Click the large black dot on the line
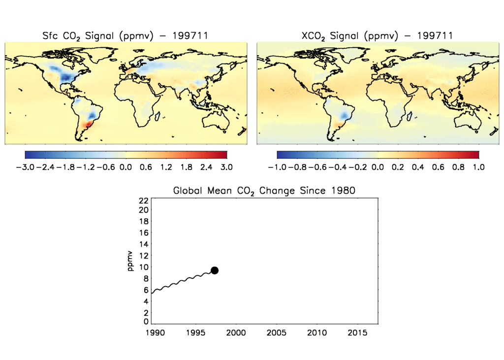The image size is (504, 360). click(215, 270)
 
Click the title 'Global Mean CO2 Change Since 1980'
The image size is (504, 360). click(264, 191)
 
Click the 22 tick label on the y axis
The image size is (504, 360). click(144, 200)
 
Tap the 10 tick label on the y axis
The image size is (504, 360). click(144, 267)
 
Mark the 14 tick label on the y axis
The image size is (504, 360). click(144, 244)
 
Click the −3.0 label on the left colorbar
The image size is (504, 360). click(25, 167)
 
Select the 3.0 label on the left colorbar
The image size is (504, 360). click(226, 167)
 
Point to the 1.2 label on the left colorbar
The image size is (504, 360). click(166, 167)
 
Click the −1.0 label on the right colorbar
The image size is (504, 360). click(278, 167)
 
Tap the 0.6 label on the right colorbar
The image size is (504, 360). click(438, 167)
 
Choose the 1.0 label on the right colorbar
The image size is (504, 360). click(478, 167)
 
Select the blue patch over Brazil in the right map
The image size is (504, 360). click(346, 116)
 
